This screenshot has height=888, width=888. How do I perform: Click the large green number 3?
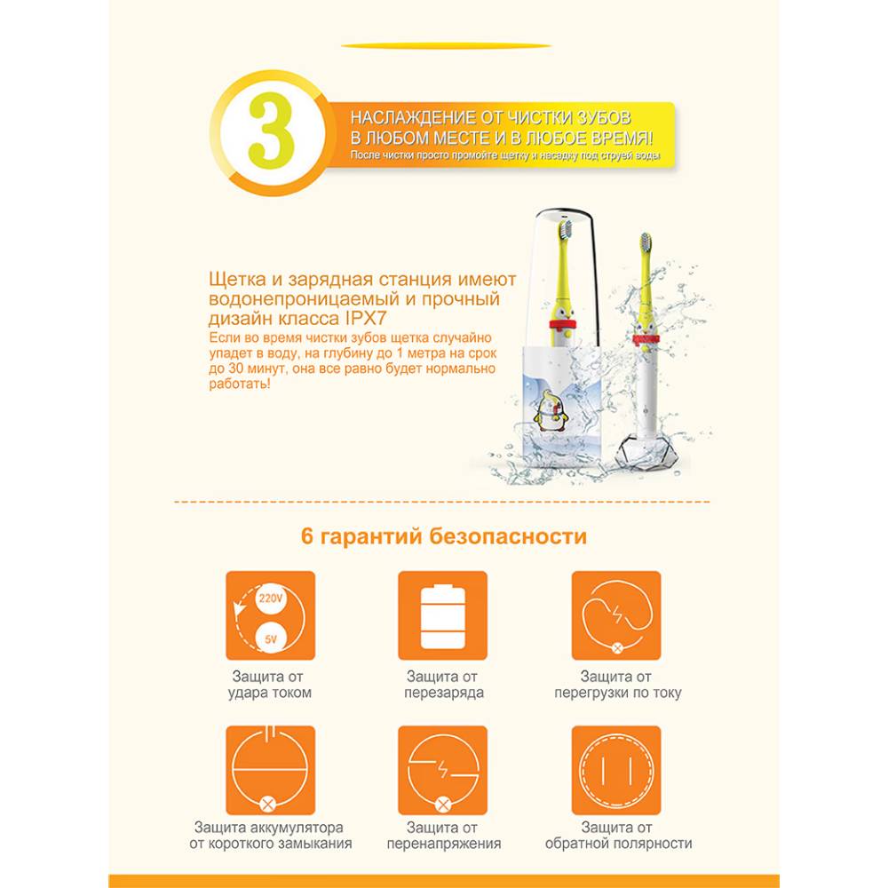point(271,131)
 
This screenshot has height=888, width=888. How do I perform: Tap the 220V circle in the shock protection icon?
point(270,598)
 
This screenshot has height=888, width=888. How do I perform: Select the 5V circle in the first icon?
point(271,638)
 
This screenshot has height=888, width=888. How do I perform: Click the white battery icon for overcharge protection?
point(443,618)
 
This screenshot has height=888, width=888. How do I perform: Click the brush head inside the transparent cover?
point(565,229)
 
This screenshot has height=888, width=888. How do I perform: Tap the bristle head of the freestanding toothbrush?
point(645,243)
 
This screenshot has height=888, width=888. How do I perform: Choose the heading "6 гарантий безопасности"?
point(444,535)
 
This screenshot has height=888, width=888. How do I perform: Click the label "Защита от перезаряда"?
point(443,684)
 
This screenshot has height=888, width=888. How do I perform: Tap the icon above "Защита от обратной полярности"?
point(615,770)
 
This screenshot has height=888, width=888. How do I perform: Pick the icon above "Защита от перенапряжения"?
point(443,770)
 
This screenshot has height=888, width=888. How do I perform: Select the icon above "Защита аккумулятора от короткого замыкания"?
point(270,770)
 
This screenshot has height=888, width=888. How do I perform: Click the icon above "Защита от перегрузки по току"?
point(615,615)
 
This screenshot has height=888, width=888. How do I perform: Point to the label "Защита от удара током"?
point(270,684)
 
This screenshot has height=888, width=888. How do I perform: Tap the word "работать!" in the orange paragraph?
point(240,384)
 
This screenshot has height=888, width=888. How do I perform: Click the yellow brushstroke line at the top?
point(447,46)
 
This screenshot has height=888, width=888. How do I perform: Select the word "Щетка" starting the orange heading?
point(238,279)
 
